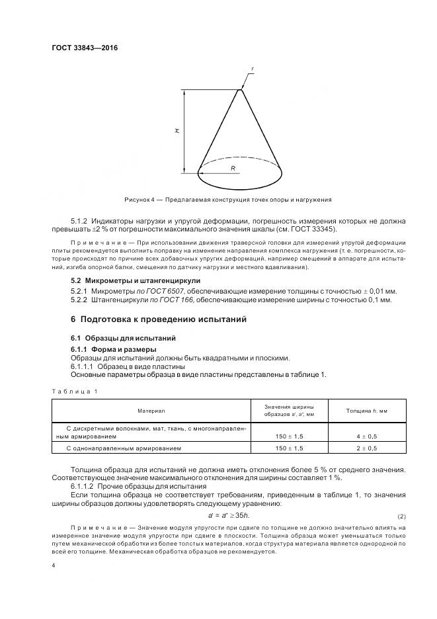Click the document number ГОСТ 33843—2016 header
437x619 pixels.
coord(80,48)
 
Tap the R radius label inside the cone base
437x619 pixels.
coord(233,169)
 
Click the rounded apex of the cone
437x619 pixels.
coord(240,91)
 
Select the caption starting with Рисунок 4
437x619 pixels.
coord(227,199)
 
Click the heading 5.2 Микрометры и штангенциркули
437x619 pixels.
coord(135,280)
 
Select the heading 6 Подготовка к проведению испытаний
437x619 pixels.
coord(159,319)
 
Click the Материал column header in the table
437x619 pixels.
coord(151,411)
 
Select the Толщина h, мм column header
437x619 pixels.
coord(367,411)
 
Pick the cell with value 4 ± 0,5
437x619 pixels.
coord(367,436)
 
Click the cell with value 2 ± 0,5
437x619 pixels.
coord(367,448)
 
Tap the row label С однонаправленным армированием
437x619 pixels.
coord(124,448)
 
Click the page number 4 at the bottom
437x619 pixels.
coord(53,564)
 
